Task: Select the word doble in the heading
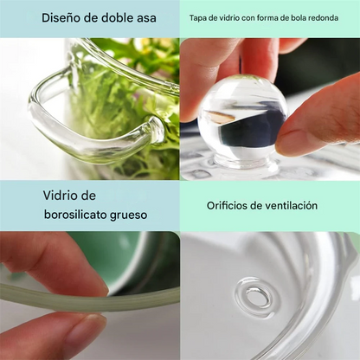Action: coord(117,18)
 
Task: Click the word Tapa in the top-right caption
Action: coord(196,18)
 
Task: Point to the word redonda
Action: coord(325,18)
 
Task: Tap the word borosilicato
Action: coord(75,215)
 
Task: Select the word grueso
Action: coord(128,215)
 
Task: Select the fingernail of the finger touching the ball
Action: coord(289,143)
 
